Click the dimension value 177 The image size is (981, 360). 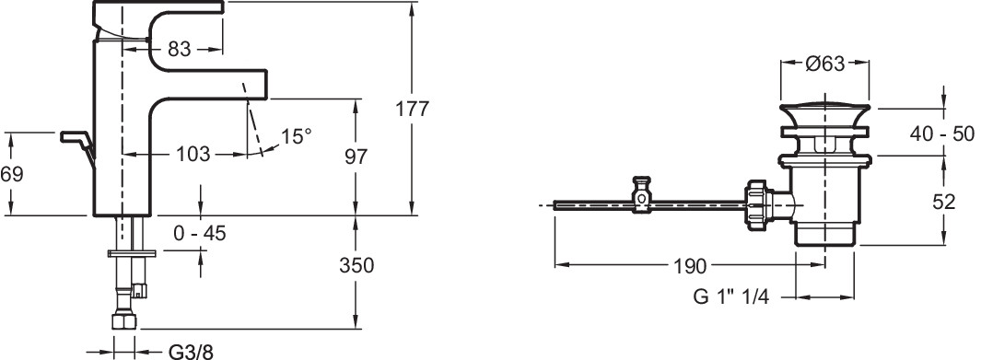coord(413,109)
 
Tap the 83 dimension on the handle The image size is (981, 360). coord(179,49)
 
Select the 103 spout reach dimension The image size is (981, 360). coord(193,155)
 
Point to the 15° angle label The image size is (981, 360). coord(296,136)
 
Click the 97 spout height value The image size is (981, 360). coord(356,157)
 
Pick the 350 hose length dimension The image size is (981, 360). coord(356,265)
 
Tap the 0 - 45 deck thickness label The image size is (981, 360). coord(200,234)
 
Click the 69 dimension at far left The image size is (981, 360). coord(11,174)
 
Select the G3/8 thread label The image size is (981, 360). coord(192,352)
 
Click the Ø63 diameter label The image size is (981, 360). coord(825,64)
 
